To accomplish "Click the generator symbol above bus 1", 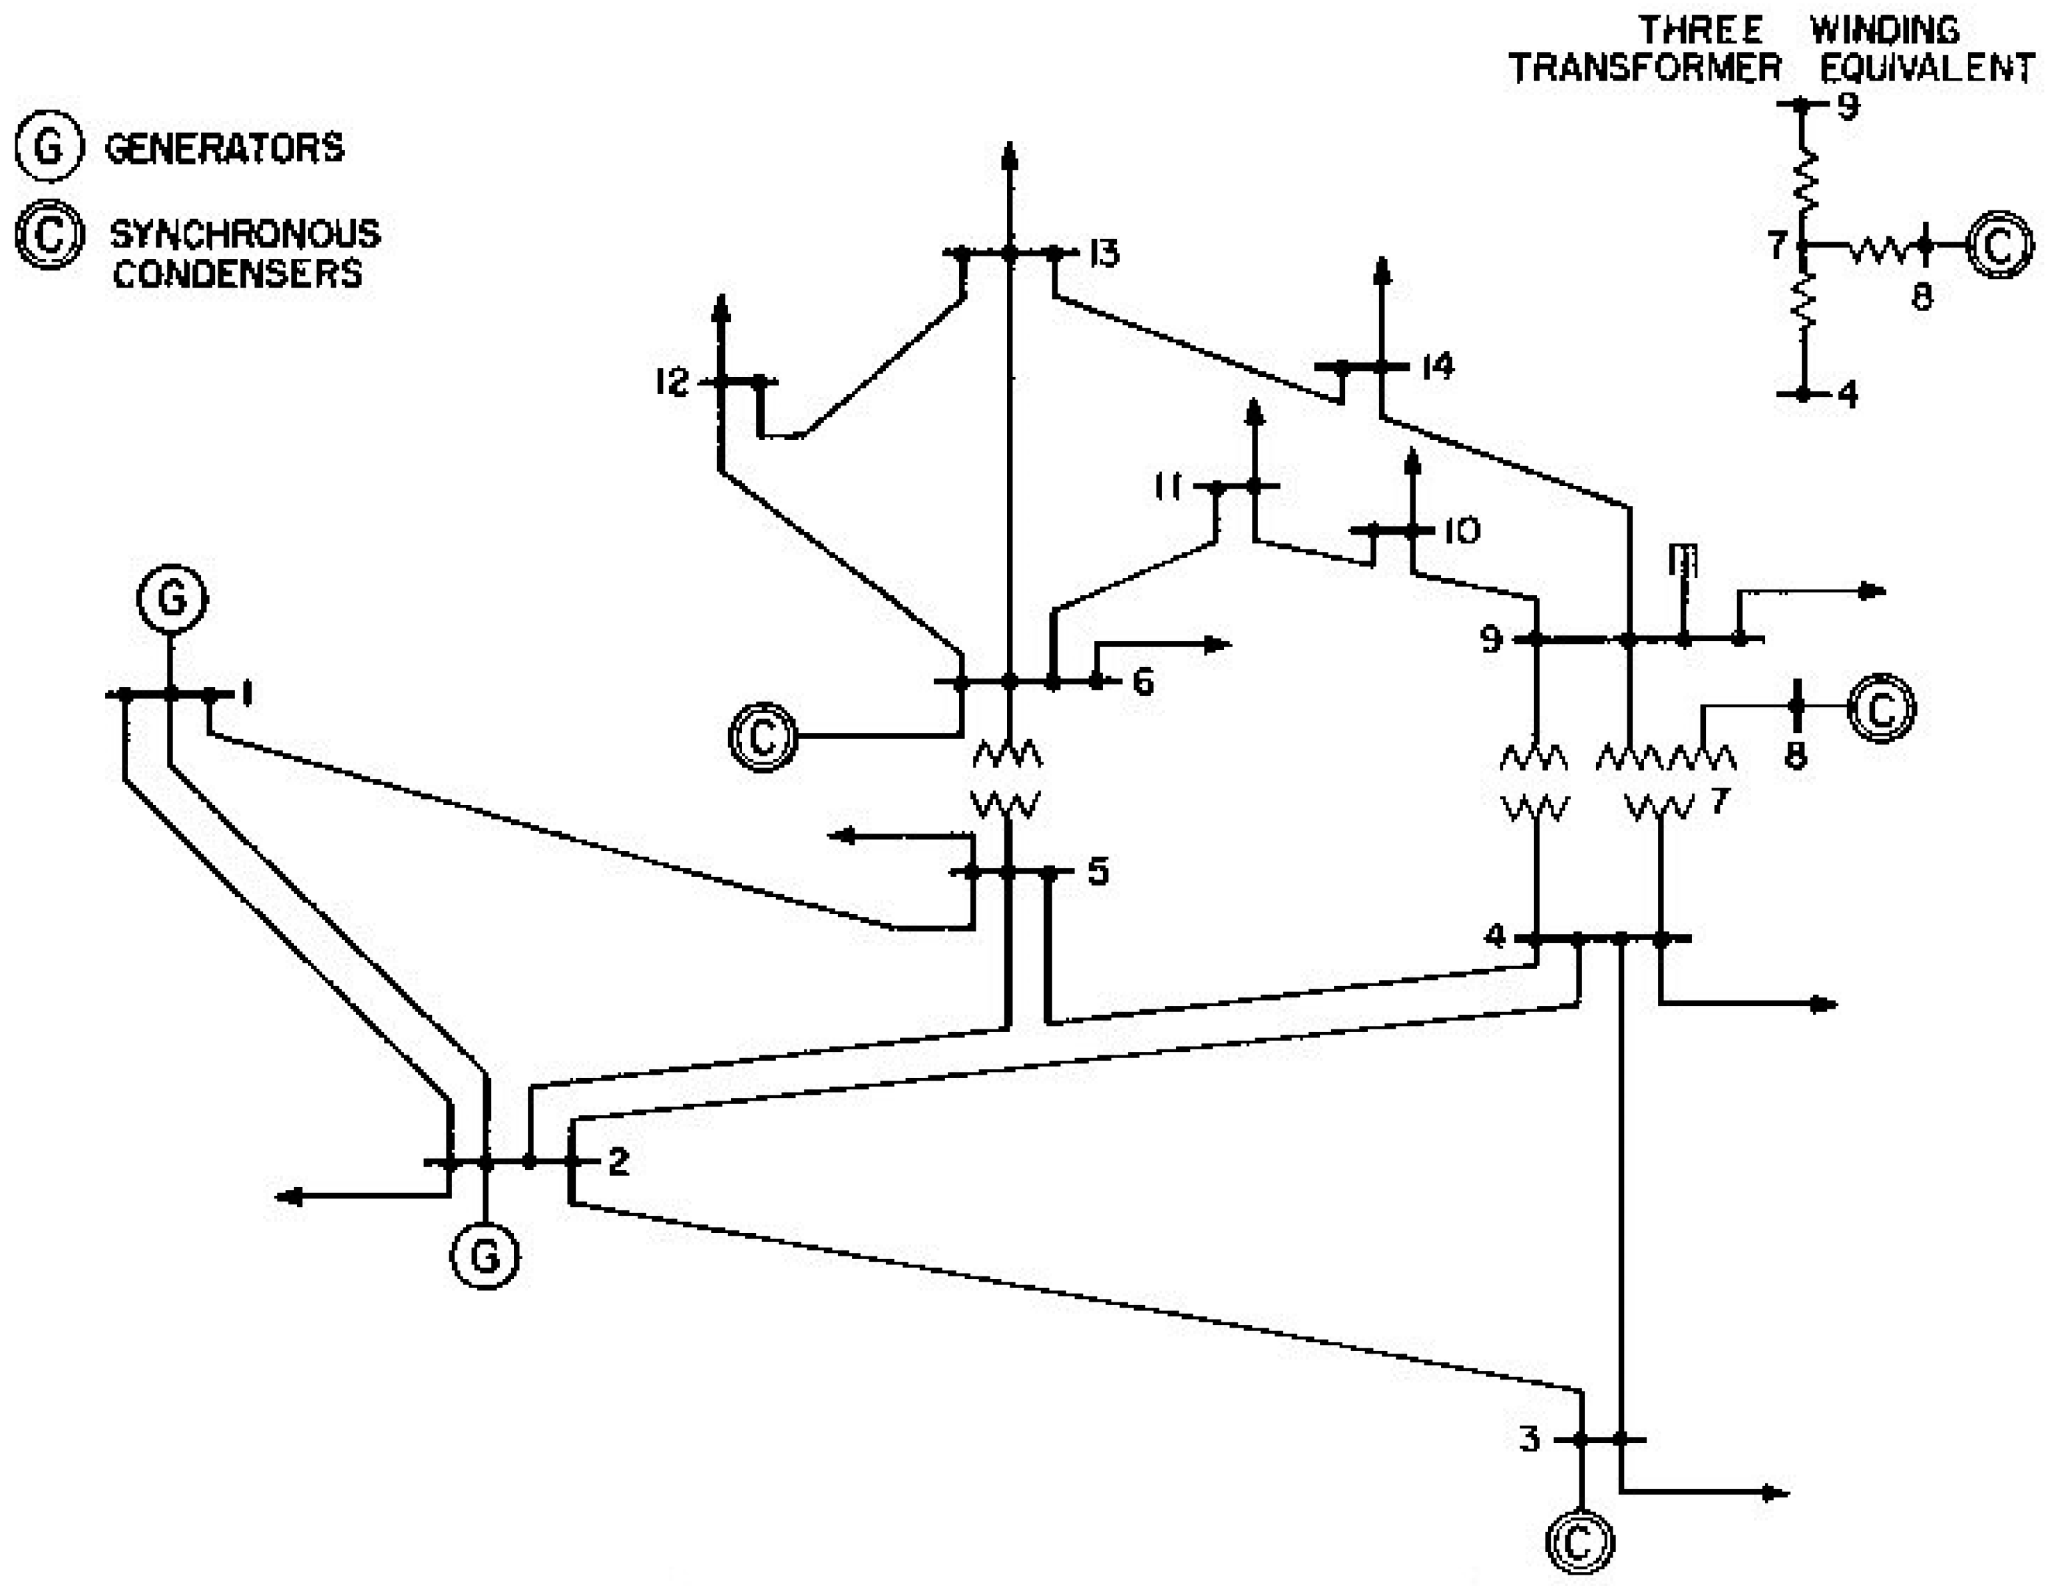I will pyautogui.click(x=172, y=597).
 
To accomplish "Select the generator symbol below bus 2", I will pyautogui.click(x=485, y=1255).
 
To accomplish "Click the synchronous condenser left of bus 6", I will pyautogui.click(x=763, y=736).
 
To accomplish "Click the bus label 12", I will pyautogui.click(x=672, y=382).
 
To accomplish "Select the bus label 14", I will pyautogui.click(x=1436, y=366).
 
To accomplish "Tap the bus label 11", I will pyautogui.click(x=1168, y=487).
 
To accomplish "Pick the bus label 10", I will pyautogui.click(x=1461, y=531).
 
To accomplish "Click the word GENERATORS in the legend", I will pyautogui.click(x=225, y=148).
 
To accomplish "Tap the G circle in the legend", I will pyautogui.click(x=50, y=147).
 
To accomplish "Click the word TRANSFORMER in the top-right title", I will pyautogui.click(x=1645, y=67).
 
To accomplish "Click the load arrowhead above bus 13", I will pyautogui.click(x=1009, y=154).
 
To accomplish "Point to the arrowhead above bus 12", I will pyautogui.click(x=720, y=307).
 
